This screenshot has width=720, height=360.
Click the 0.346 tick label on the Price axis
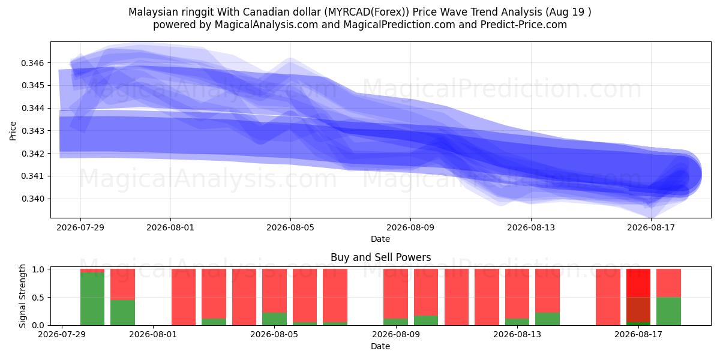[32, 63]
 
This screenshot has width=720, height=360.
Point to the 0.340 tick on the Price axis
[32, 199]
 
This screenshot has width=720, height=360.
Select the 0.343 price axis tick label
[32, 131]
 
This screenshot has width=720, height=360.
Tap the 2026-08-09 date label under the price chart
[410, 227]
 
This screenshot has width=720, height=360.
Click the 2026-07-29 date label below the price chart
[80, 227]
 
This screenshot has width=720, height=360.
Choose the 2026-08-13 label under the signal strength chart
[517, 335]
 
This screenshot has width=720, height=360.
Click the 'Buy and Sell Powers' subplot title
[380, 257]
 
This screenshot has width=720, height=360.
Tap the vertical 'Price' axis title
[13, 131]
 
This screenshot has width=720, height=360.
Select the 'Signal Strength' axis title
[22, 296]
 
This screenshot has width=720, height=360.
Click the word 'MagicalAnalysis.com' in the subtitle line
[266, 25]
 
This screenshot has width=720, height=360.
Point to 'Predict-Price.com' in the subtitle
[524, 25]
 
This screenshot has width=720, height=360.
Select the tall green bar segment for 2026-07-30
[92, 299]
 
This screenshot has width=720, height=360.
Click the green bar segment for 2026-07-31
[122, 313]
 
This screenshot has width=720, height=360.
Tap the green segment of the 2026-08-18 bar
[668, 311]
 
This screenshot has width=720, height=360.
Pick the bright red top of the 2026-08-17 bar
[638, 283]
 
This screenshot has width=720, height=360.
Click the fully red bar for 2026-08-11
[457, 297]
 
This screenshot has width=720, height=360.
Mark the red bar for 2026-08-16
[608, 297]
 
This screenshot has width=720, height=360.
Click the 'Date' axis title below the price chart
[380, 239]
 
